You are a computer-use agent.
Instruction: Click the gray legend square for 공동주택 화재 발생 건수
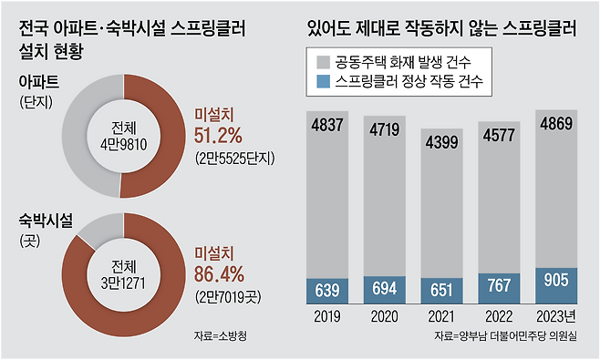click(x=321, y=62)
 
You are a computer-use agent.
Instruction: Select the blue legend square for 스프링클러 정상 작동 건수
click(x=321, y=83)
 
